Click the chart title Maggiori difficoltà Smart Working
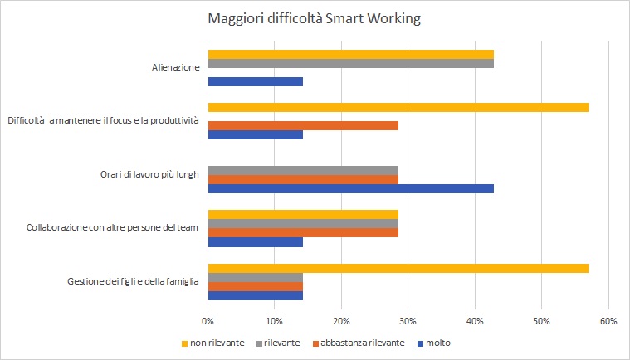tap(315, 18)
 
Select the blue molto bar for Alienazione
tap(255, 81)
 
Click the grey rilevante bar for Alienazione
tap(350, 63)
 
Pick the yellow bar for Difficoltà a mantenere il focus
tap(398, 107)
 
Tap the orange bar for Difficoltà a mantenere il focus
tap(303, 125)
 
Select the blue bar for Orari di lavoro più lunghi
tap(350, 188)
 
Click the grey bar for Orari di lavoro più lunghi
tap(303, 170)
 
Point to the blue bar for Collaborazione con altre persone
tap(255, 242)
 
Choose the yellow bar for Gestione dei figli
tap(398, 268)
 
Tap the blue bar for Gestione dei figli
tap(255, 295)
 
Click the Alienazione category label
tap(170, 68)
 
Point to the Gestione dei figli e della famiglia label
tap(132, 282)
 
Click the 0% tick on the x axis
tap(208, 320)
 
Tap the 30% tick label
tap(408, 320)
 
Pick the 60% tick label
tap(608, 320)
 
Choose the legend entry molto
tap(437, 343)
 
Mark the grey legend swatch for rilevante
tap(258, 343)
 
